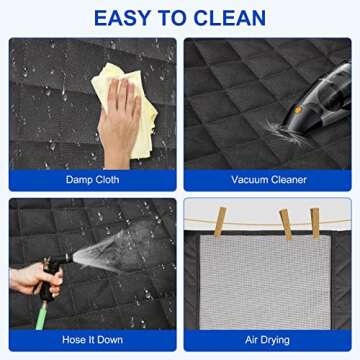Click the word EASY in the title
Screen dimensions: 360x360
coord(120,18)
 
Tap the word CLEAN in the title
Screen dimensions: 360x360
coord(230,18)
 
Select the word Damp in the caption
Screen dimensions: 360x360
coord(78,180)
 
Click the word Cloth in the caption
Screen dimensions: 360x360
coord(106,180)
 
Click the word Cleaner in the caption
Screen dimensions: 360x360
coord(288,180)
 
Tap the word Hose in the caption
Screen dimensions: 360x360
coord(72,340)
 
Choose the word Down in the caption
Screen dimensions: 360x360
coord(110,340)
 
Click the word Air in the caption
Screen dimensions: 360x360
coord(251,340)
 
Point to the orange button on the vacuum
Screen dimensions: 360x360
coord(298,109)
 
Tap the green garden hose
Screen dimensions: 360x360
coord(41,314)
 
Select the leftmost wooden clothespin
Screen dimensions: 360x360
coord(220,222)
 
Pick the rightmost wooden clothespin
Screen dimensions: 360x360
coord(315,223)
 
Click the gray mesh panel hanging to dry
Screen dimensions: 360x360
coord(265,282)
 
